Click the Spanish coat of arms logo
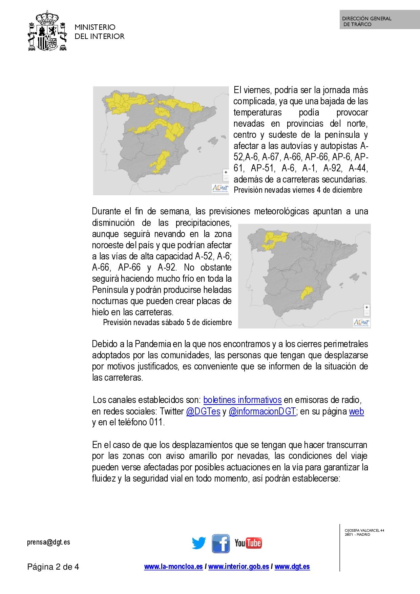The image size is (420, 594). (47, 31)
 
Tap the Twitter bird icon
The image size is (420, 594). (199, 543)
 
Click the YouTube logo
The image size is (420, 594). (248, 543)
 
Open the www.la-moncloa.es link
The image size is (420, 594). (173, 567)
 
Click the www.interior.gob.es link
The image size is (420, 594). (238, 567)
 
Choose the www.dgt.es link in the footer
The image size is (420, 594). (292, 567)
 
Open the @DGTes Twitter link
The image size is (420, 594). (203, 411)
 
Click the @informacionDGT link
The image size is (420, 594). (262, 411)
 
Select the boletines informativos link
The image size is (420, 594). (242, 400)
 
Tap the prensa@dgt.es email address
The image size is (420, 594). (48, 542)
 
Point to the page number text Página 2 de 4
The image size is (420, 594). (53, 567)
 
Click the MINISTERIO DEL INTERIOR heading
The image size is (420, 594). (99, 31)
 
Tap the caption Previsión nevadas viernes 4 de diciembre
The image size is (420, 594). (298, 190)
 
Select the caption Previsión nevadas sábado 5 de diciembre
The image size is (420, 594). (167, 322)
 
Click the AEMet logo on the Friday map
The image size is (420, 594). (220, 188)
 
